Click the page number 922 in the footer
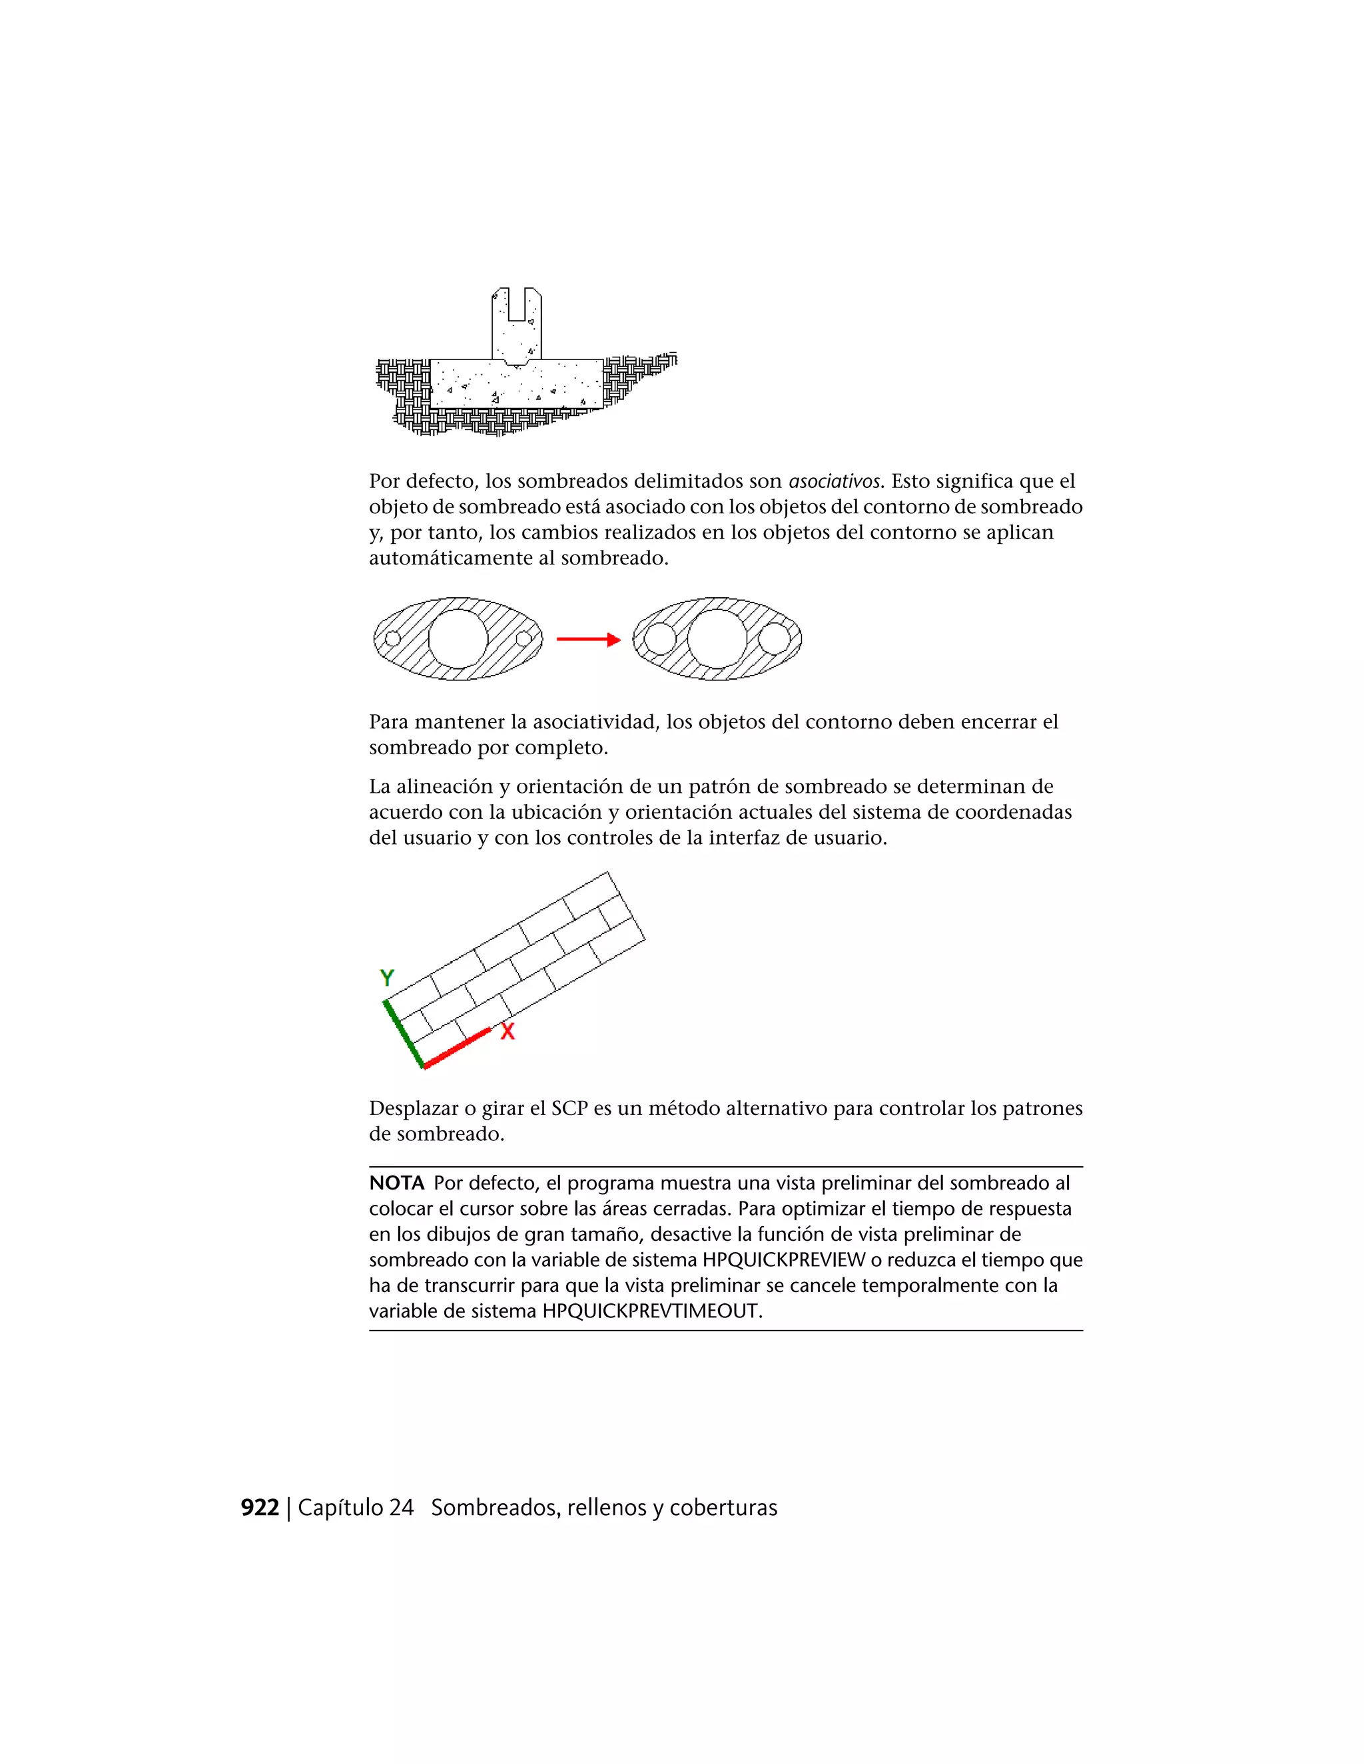click(259, 1508)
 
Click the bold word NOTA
click(396, 1184)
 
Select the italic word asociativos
click(834, 481)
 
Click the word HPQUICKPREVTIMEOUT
click(651, 1311)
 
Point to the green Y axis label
click(387, 978)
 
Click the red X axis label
click(508, 1031)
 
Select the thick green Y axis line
click(403, 1034)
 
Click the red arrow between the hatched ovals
click(587, 640)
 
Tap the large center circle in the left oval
click(458, 639)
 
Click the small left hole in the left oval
click(393, 639)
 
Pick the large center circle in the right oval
click(717, 639)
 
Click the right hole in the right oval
click(774, 639)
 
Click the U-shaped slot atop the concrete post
click(516, 306)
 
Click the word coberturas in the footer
click(723, 1508)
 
